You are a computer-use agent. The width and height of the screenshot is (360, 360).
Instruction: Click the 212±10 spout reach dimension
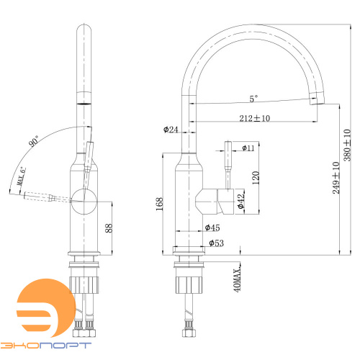tap(254, 118)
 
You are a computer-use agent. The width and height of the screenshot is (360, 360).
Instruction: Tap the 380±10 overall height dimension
tap(347, 145)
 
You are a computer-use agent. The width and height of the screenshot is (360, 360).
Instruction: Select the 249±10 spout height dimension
tap(336, 178)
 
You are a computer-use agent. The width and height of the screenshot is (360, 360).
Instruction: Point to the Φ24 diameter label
tap(171, 130)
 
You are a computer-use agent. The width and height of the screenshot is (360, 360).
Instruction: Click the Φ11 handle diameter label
tap(248, 148)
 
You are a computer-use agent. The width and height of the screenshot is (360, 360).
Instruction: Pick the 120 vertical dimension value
tap(256, 178)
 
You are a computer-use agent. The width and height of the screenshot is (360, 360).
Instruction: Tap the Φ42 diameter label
tap(240, 201)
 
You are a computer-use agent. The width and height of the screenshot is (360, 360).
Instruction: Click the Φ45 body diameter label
tap(212, 228)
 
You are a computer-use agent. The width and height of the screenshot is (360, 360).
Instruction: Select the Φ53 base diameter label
tap(216, 243)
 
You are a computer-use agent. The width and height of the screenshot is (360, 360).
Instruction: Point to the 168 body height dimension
tap(160, 204)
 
